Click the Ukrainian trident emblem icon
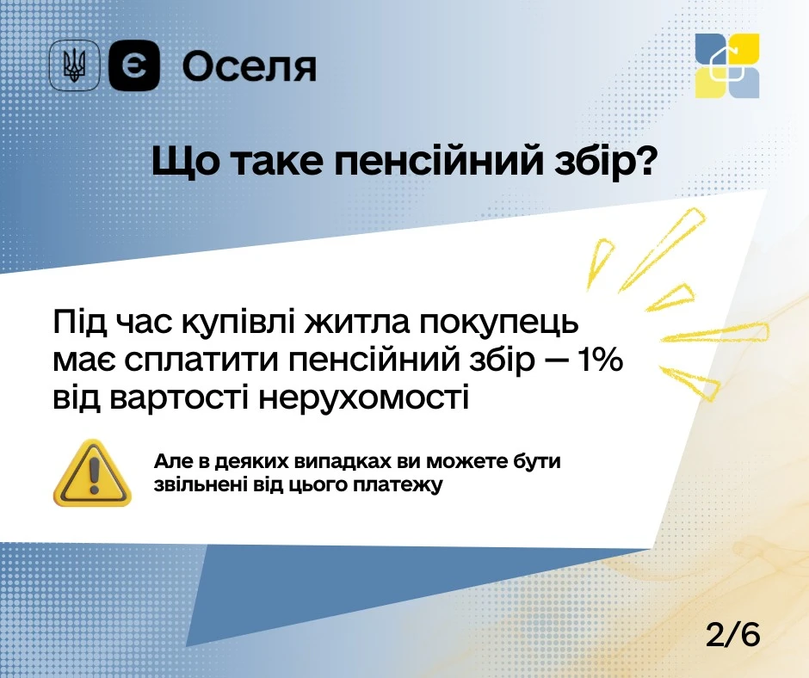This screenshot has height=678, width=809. click(74, 65)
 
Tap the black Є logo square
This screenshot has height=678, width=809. click(134, 65)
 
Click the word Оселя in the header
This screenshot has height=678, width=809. click(250, 67)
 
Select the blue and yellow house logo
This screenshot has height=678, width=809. click(727, 65)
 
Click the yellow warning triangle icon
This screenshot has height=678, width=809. click(92, 472)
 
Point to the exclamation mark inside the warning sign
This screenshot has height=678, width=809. click(94, 474)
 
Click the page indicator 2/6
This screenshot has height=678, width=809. click(732, 634)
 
